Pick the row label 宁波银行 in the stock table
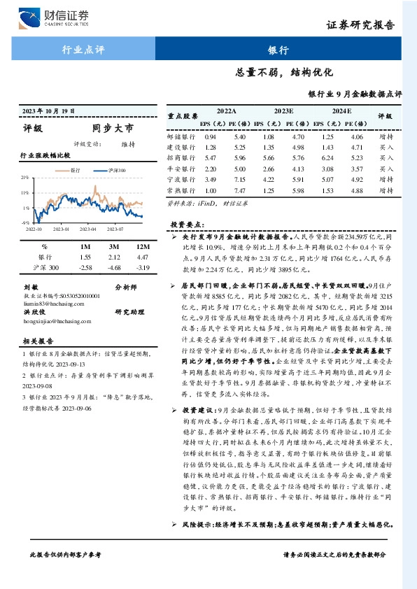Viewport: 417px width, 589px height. tap(180, 180)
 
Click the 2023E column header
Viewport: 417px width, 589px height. tap(283, 111)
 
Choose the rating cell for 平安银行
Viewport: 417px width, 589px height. tap(386, 169)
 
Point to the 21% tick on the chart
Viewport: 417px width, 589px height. tap(26, 178)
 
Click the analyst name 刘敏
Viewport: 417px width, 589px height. tap(30, 287)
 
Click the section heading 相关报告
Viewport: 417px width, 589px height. tap(35, 341)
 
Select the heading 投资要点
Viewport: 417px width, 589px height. tap(185, 225)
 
